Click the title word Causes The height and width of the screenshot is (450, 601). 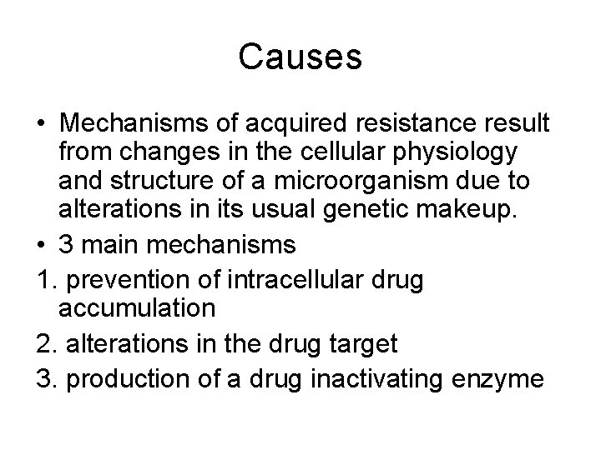pos(300,57)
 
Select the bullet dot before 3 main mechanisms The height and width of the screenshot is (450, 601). pos(41,245)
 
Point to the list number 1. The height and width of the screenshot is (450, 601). pos(42,275)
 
